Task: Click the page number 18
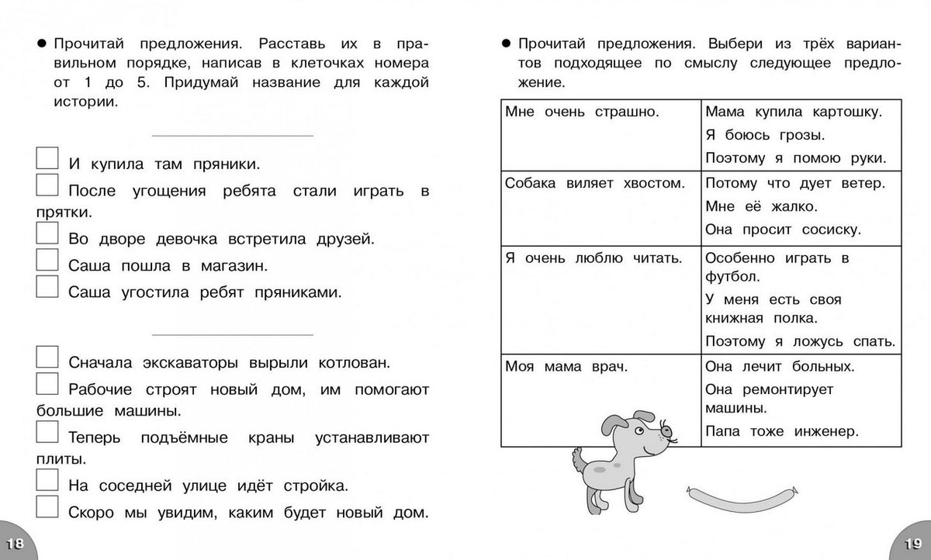15,544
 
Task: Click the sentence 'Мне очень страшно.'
581,112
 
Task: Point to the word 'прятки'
64,211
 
